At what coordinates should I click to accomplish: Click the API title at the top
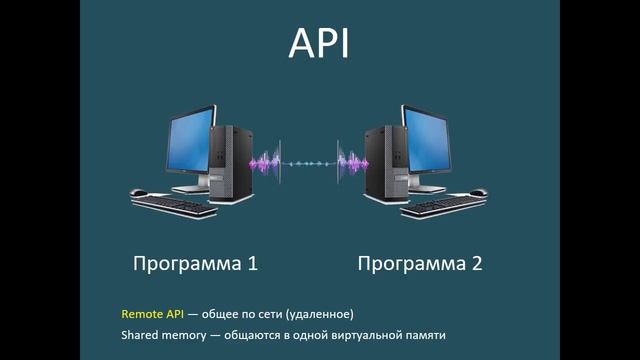tap(319, 45)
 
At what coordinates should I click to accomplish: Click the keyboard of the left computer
tap(176, 205)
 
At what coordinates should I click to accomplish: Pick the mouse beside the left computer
tap(138, 193)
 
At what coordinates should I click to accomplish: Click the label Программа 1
tap(196, 264)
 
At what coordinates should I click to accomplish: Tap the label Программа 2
tap(420, 264)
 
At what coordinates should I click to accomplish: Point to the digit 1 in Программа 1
tap(252, 264)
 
